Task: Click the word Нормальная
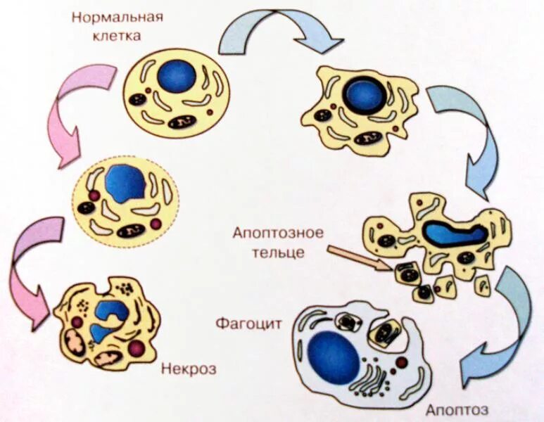pyautogui.click(x=117, y=16)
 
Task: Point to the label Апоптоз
pyautogui.click(x=457, y=410)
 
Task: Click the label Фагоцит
pyautogui.click(x=249, y=324)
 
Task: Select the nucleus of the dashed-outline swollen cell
pyautogui.click(x=125, y=181)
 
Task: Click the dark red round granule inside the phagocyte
pyautogui.click(x=401, y=362)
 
